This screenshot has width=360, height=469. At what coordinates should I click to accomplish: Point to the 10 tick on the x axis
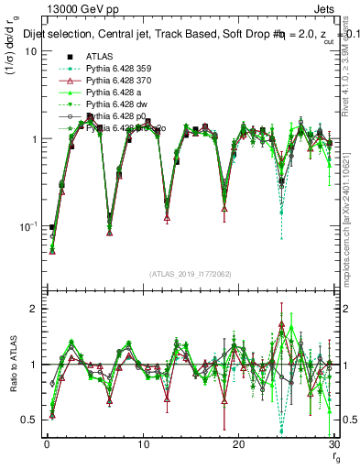point(142,444)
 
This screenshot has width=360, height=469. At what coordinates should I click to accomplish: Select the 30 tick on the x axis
point(333,444)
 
